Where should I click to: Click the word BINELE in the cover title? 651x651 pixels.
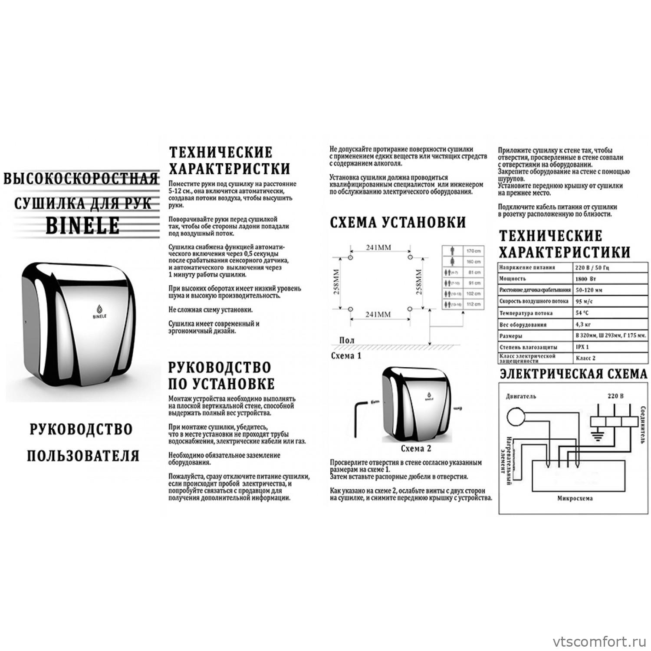coord(82,225)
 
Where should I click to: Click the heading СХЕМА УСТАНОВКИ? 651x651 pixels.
coord(398,222)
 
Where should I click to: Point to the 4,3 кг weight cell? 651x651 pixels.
coord(584,324)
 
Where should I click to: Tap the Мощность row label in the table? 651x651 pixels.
coord(513,279)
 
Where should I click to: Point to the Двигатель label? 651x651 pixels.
coord(521,396)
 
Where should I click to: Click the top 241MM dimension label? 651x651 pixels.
coord(378,248)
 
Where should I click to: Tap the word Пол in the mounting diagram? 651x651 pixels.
coord(346,341)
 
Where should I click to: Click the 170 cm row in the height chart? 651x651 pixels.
coord(463,251)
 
